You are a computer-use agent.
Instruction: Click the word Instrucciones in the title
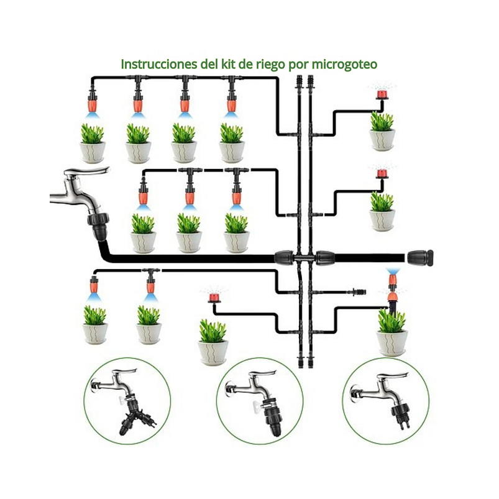point(158,64)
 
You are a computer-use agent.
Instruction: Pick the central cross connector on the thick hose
point(305,257)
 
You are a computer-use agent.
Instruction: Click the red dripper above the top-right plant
point(380,95)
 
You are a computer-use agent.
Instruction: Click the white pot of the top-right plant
point(382,139)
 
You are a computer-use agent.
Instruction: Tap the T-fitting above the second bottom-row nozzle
point(149,272)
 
